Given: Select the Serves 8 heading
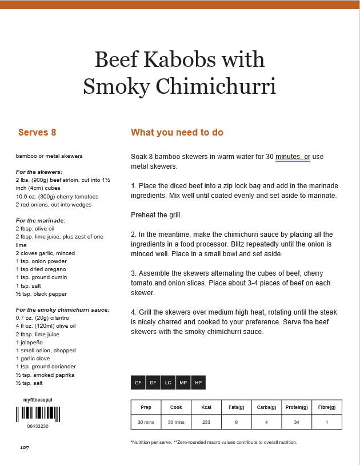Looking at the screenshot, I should point(37,133).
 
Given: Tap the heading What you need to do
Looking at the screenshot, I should point(177,133).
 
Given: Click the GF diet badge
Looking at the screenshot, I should point(138,383).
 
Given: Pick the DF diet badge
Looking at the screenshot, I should point(153,383).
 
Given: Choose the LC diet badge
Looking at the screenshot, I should point(168,383).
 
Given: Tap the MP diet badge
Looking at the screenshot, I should point(183,383).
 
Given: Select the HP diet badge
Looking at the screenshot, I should point(198,383).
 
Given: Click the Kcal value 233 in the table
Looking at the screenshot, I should point(206,422).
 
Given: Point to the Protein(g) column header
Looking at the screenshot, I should point(297,407).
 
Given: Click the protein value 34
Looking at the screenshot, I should point(297,422).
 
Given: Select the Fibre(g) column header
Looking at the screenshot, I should point(327,407).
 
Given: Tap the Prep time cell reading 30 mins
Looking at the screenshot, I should point(146,422).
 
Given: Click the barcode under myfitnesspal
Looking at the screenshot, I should point(38,414).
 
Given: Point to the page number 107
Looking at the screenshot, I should point(24,447).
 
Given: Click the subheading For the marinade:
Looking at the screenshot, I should point(41,220).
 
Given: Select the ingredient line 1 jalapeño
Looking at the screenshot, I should point(31,342).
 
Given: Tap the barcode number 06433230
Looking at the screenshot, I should point(38,426).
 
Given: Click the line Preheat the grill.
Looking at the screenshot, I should point(156,215).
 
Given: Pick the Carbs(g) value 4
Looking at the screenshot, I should point(266,422).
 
